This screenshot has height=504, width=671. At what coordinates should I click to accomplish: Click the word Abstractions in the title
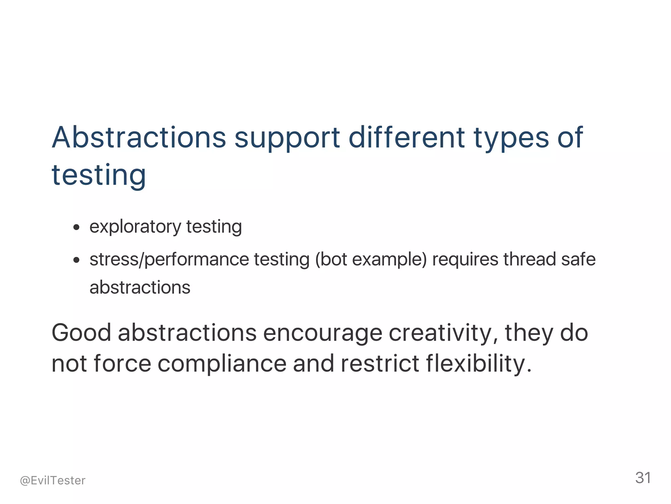pyautogui.click(x=139, y=137)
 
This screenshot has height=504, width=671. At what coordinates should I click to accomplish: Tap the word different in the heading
pyautogui.click(x=406, y=137)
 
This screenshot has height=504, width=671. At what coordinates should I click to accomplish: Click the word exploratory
pyautogui.click(x=135, y=227)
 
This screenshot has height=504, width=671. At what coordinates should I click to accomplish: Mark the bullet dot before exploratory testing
pyautogui.click(x=76, y=227)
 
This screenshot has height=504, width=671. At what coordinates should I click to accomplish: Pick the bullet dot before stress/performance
pyautogui.click(x=76, y=260)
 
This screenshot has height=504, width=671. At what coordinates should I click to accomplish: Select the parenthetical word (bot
pyautogui.click(x=331, y=260)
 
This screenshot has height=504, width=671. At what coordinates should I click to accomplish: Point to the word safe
pyautogui.click(x=578, y=259)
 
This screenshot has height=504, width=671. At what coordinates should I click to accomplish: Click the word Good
pyautogui.click(x=82, y=333)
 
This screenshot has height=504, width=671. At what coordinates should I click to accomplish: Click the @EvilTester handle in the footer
pyautogui.click(x=53, y=480)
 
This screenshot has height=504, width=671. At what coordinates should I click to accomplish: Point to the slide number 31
pyautogui.click(x=643, y=478)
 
